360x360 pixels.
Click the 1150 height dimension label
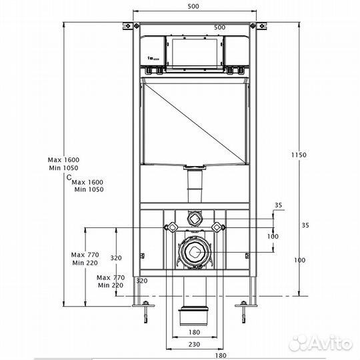pos(299,155)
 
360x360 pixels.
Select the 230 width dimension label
pos(194,344)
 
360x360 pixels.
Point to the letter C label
pos(69,177)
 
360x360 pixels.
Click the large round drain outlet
pos(195,252)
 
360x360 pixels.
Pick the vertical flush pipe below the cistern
pos(195,186)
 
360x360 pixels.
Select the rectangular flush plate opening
pos(195,53)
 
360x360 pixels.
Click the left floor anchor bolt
pos(145,312)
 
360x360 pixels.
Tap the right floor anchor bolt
pos(243,312)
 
